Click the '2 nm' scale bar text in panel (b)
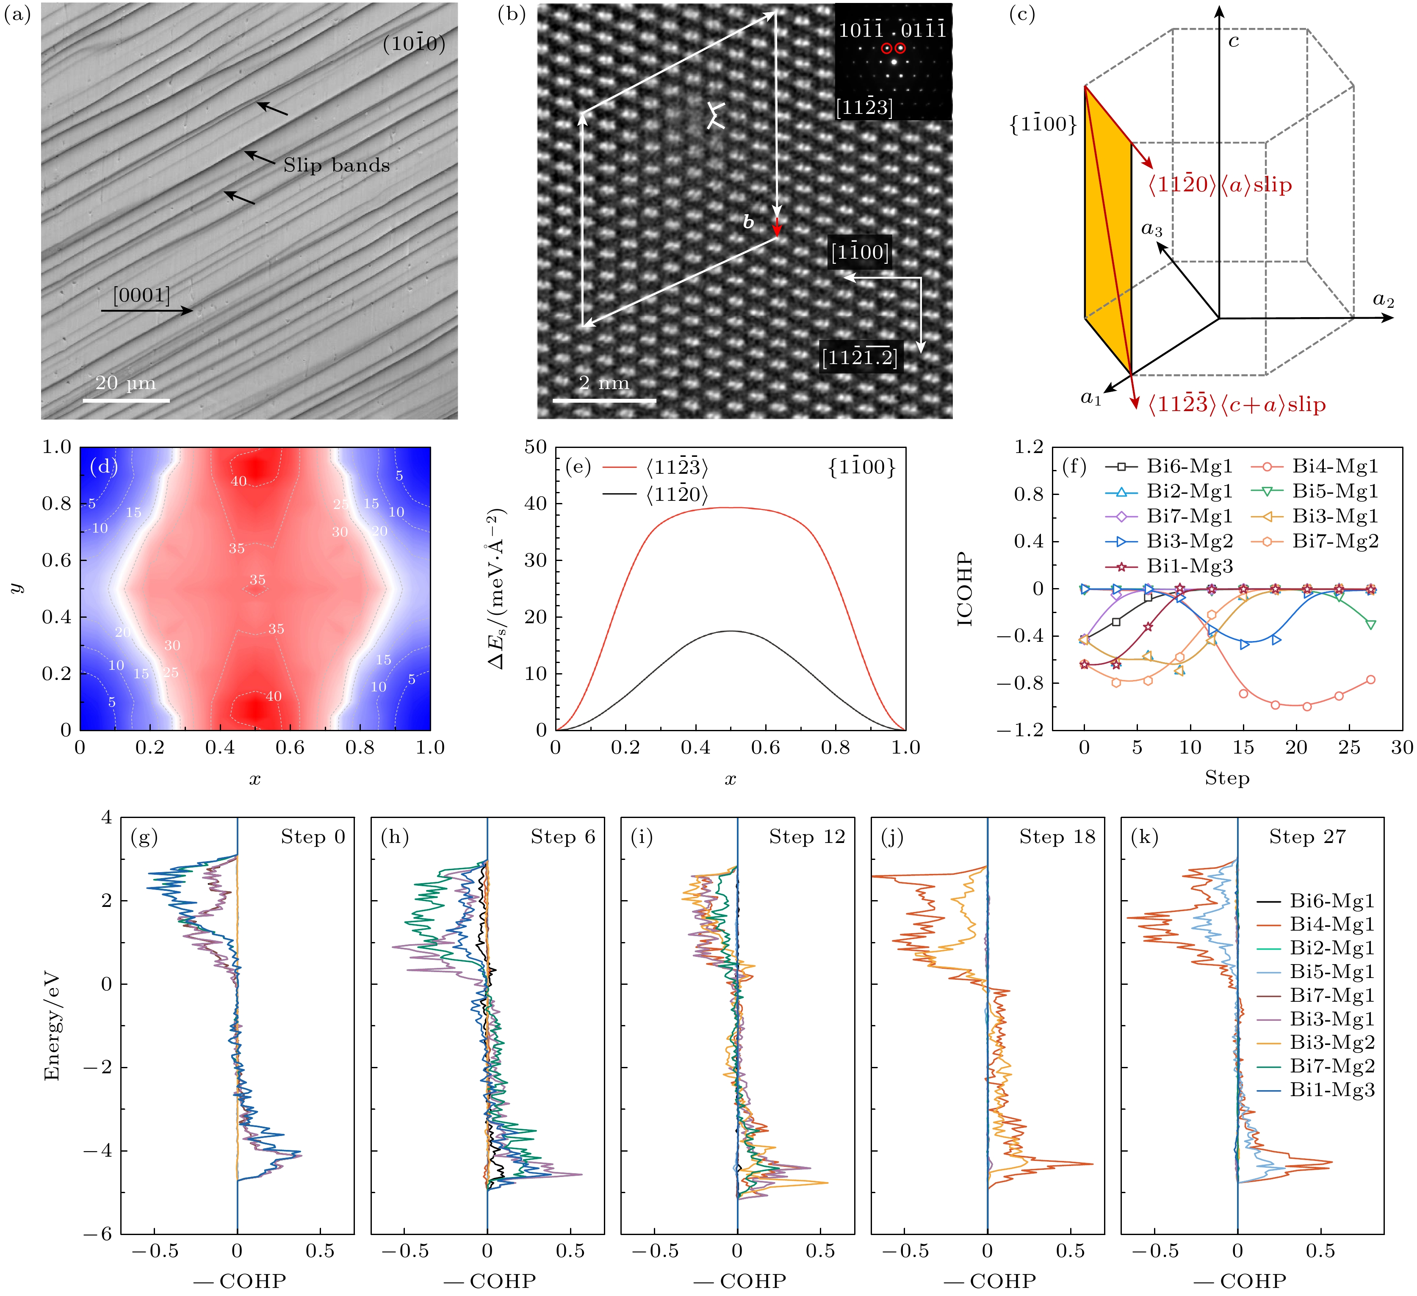point(604,383)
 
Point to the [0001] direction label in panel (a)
point(141,295)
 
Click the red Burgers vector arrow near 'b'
point(777,227)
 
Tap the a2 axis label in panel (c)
point(1383,300)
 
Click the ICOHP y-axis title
point(964,589)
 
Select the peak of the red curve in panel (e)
point(731,508)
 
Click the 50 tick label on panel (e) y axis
point(536,447)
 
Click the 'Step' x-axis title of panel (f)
point(1226,778)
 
